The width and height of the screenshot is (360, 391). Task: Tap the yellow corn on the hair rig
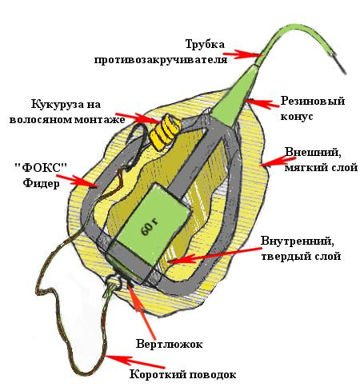coord(164,131)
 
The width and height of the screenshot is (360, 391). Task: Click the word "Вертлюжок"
coord(169,344)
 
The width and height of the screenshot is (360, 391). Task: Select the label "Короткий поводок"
coord(182,374)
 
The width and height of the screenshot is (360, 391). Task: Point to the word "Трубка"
coord(205,44)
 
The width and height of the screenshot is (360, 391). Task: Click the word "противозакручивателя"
coord(161,59)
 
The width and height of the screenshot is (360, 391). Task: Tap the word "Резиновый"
coord(313,102)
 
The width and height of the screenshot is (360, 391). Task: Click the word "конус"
coord(297,117)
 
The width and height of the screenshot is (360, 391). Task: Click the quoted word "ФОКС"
coord(41,167)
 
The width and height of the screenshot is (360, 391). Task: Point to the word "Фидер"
coord(41,183)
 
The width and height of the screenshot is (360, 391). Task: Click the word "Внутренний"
coord(297,241)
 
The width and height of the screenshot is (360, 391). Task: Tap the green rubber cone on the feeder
coord(235,97)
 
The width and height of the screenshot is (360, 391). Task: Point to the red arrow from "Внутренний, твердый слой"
coord(214,255)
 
